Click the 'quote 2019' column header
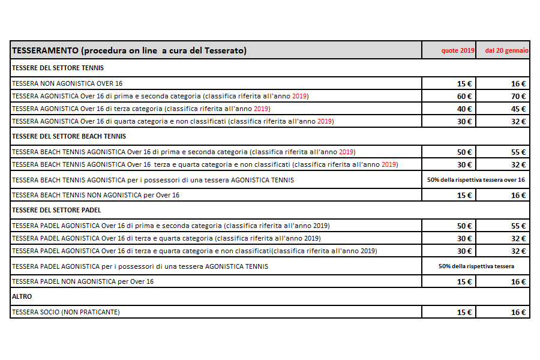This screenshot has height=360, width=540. [458, 51]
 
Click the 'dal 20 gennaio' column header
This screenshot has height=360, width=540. [506, 51]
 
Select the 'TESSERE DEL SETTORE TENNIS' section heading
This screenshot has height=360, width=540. [58, 68]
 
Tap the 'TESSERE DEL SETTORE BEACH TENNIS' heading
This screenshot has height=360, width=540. [69, 136]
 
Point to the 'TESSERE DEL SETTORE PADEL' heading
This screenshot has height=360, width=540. [56, 210]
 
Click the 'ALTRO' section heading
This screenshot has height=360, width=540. [22, 296]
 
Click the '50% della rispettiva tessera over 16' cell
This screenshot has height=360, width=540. [476, 179]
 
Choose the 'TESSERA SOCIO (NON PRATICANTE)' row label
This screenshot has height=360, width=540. [66, 312]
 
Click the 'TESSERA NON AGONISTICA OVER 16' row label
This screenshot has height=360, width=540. [67, 83]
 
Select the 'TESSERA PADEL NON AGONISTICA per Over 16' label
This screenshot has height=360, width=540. [83, 281]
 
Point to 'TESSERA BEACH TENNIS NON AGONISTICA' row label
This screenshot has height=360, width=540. [95, 195]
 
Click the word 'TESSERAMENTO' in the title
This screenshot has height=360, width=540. [43, 51]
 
